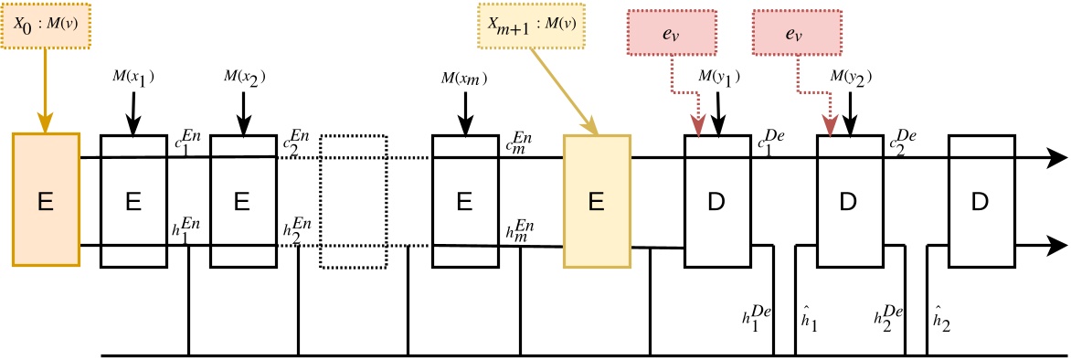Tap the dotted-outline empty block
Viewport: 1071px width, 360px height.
click(354, 201)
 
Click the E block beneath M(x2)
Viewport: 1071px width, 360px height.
click(243, 201)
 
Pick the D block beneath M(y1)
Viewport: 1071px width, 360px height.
click(717, 201)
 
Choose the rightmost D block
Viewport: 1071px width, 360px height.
click(981, 201)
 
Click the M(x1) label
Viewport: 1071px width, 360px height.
click(133, 78)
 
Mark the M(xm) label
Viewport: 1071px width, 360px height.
click(465, 78)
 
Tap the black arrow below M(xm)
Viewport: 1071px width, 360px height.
click(465, 113)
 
